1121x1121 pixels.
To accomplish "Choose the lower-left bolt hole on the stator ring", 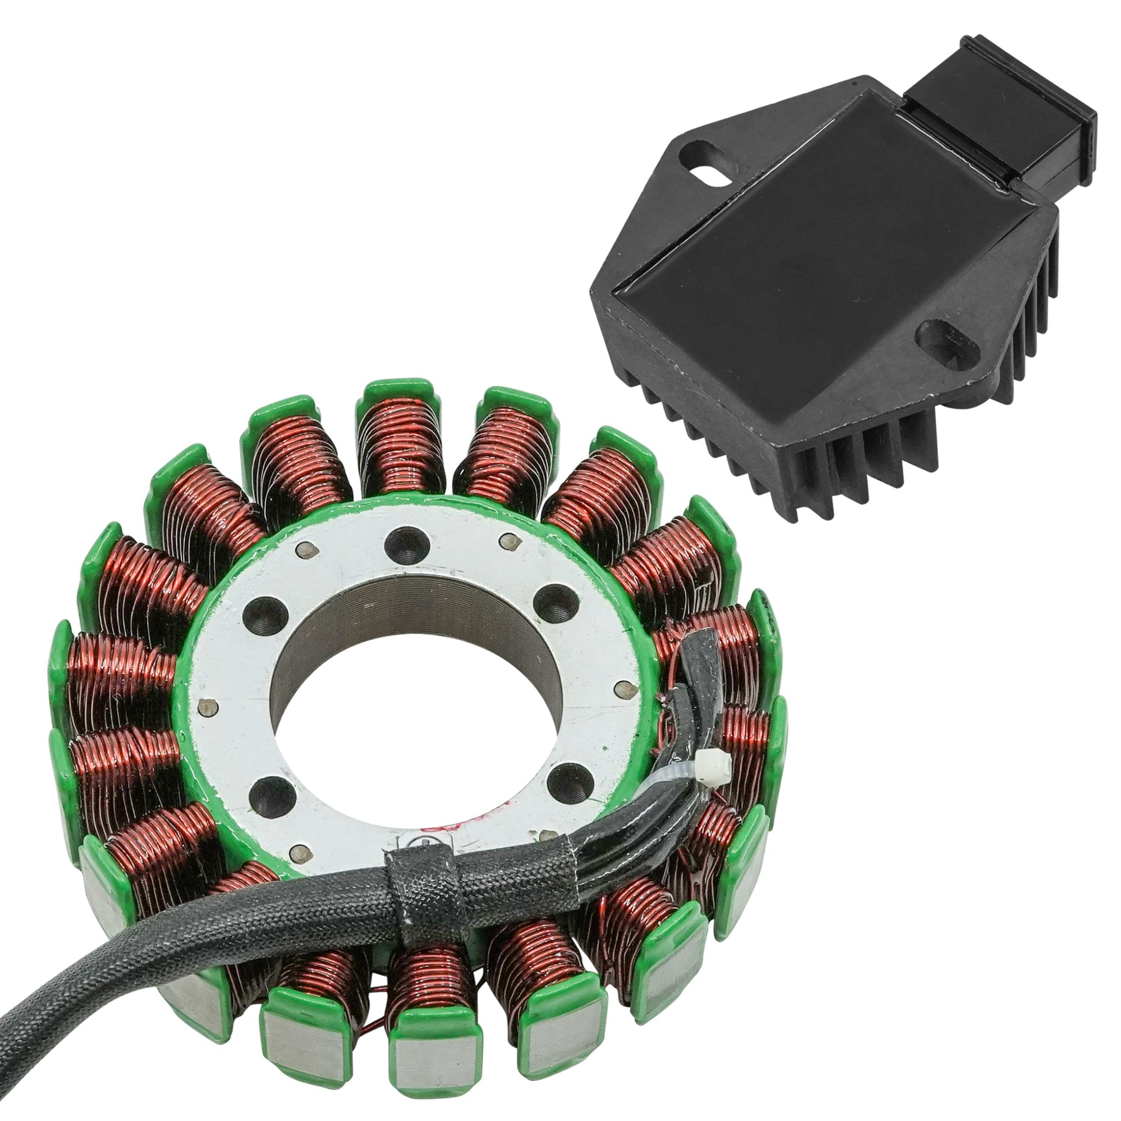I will pos(270,793).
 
